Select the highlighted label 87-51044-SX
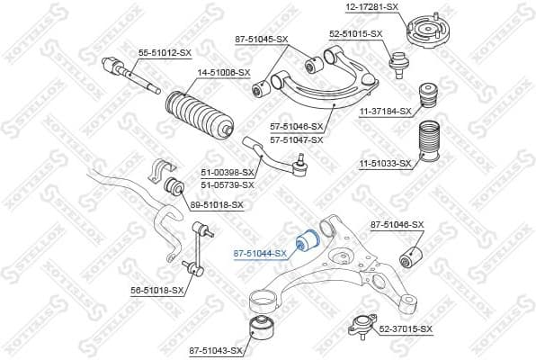click(259, 254)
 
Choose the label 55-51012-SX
click(164, 53)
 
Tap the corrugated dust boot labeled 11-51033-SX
click(431, 147)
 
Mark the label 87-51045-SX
click(261, 39)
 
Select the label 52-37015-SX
click(406, 329)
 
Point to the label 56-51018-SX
click(156, 291)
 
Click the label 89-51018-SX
click(216, 205)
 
